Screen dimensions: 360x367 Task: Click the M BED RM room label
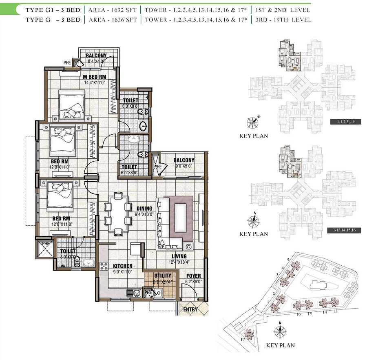95,77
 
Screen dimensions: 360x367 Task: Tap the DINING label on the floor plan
144,208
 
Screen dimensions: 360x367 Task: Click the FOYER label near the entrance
193,276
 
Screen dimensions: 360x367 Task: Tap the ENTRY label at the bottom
190,309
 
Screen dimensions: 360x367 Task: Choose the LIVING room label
179,256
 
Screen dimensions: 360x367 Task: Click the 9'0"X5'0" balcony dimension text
183,166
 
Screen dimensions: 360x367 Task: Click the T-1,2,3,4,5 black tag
343,122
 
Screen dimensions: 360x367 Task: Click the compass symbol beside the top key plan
253,122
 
